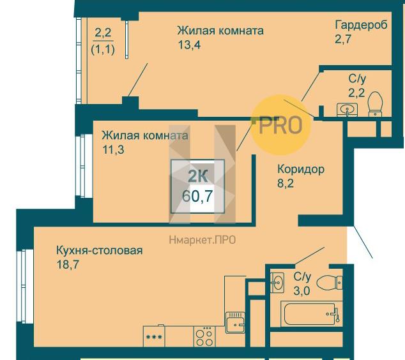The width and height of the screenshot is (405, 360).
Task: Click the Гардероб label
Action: pos(361,25)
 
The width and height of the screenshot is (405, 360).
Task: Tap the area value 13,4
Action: pos(189,45)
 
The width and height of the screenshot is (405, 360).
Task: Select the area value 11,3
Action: pos(114,149)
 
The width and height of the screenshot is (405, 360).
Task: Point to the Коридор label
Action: pos(301,169)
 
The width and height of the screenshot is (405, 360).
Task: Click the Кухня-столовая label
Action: pos(100,250)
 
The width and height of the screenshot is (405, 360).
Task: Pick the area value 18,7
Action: pos(68,264)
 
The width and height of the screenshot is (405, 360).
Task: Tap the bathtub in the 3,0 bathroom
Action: pos(311,314)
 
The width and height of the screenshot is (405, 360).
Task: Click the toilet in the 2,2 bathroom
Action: pos(375,104)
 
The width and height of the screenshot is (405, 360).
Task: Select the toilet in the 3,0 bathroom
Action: pos(330,283)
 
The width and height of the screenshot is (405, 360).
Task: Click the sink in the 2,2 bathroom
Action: pos(347,109)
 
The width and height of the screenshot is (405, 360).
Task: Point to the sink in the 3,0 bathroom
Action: pos(277,283)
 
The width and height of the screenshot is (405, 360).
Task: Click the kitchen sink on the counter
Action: pos(235,322)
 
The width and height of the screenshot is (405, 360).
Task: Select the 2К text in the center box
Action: pos(197,177)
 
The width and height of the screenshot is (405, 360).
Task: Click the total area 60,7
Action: pos(197,196)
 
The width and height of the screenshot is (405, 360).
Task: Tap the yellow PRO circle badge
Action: pos(281,125)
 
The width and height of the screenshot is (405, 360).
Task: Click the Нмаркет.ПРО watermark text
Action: pos(202,240)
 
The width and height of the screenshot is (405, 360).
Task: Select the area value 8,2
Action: pos(286,183)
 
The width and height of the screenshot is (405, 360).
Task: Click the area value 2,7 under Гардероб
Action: pos(343,39)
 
